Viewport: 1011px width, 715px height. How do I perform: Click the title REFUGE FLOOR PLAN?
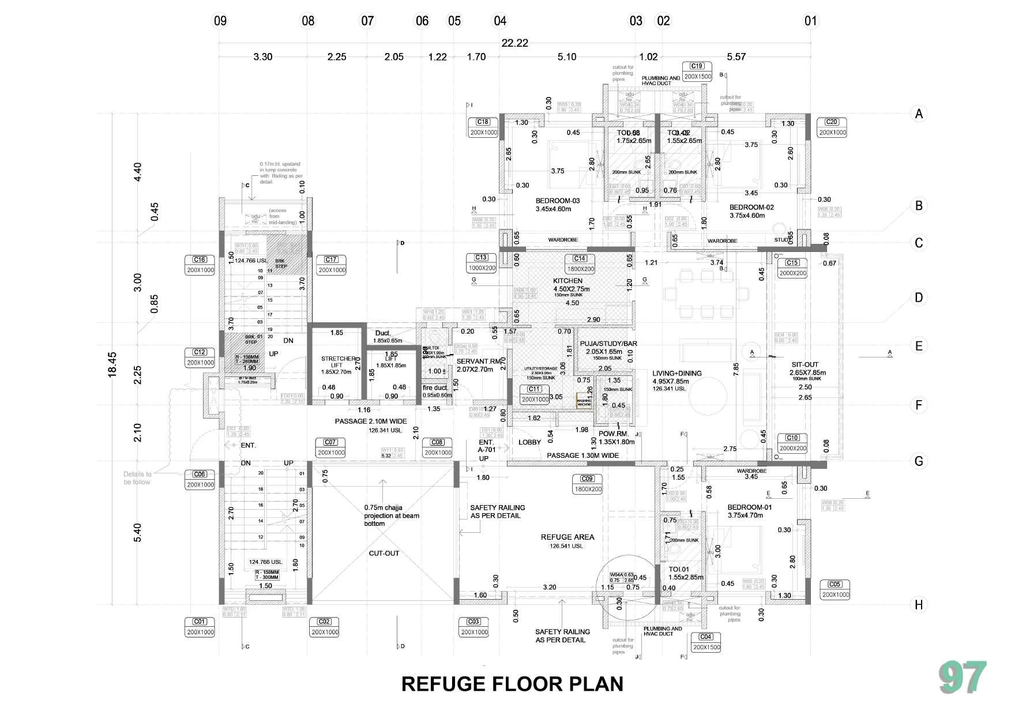coord(512,684)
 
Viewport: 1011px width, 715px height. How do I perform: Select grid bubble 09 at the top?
coord(220,21)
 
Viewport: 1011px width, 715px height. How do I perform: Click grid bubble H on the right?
coord(919,605)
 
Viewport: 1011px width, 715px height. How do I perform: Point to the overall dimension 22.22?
coord(514,43)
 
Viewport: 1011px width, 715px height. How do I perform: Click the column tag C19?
coord(697,66)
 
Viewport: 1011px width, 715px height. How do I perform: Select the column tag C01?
coord(200,622)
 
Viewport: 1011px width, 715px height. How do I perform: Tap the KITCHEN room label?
coord(567,281)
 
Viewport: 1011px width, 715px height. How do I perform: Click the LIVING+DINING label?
coord(677,373)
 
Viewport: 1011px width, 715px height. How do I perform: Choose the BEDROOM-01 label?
coord(749,507)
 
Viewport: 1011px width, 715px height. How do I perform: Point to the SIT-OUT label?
coord(805,364)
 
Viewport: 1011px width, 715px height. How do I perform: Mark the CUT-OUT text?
coord(384,554)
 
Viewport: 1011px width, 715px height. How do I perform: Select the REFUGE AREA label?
coord(567,537)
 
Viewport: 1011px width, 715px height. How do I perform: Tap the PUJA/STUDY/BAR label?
coord(608,344)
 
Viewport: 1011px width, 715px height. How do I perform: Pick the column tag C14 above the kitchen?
coord(580,259)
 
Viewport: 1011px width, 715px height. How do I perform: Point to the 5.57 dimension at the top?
coord(736,57)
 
